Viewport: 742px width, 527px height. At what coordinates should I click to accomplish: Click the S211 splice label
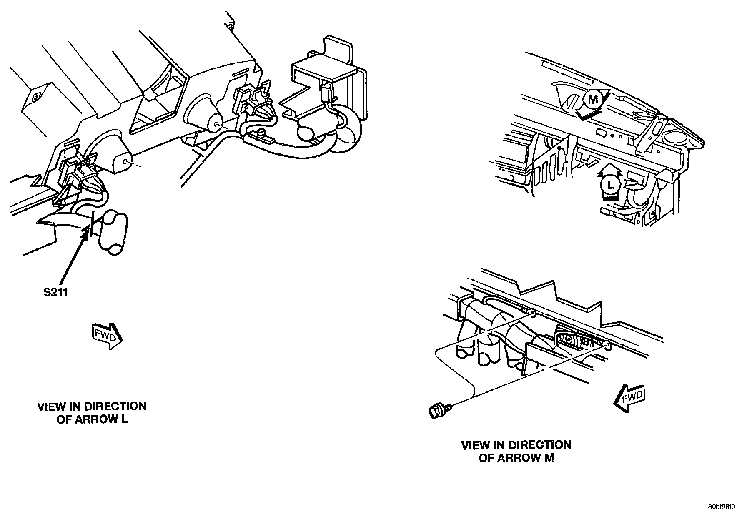tap(55, 292)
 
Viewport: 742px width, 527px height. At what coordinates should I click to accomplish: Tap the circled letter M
tap(592, 100)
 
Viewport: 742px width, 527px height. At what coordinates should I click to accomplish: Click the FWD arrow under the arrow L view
tap(107, 335)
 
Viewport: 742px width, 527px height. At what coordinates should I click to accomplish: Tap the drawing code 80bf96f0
tap(722, 507)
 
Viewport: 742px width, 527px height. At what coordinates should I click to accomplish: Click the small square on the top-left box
tap(35, 97)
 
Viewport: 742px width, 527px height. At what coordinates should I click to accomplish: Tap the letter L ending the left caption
tap(125, 419)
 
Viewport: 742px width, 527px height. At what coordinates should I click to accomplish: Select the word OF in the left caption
tap(64, 419)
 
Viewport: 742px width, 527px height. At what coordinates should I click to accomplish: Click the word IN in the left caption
tap(75, 406)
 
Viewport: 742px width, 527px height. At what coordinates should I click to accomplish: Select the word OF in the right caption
tap(486, 458)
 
